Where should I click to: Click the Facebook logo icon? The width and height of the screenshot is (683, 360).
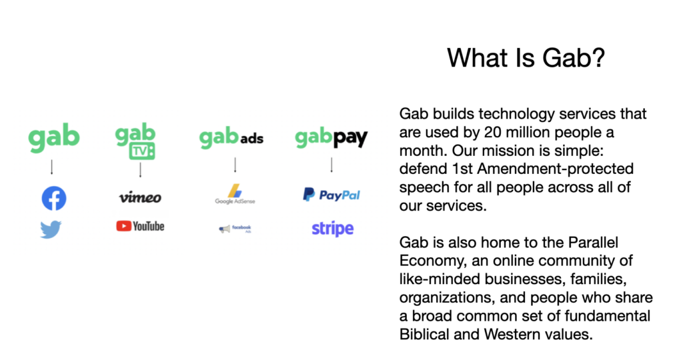[x=54, y=198]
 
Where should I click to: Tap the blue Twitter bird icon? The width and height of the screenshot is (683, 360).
[x=51, y=230]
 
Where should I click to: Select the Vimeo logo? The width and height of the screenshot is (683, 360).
[x=140, y=197]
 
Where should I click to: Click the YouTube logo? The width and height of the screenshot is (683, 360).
[x=140, y=226]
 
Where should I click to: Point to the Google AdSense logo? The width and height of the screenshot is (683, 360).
[x=235, y=194]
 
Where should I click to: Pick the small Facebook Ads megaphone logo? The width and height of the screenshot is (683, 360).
[x=235, y=229]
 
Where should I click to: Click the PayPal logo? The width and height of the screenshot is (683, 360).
[x=331, y=195]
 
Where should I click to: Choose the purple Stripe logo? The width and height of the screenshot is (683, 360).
[x=332, y=229]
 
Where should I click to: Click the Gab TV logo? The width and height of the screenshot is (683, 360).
[x=135, y=141]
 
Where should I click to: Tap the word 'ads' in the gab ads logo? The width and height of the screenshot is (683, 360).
[x=251, y=139]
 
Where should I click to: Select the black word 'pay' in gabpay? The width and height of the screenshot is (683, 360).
[x=351, y=139]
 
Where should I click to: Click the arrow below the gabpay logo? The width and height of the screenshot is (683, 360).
[x=331, y=165]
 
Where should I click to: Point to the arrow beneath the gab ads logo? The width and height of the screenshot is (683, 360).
[x=235, y=165]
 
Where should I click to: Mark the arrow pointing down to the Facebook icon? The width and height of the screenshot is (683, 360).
[x=52, y=167]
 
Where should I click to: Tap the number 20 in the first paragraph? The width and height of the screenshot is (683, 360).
[x=493, y=132]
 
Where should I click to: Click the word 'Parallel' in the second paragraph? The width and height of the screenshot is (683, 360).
[x=593, y=242]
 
